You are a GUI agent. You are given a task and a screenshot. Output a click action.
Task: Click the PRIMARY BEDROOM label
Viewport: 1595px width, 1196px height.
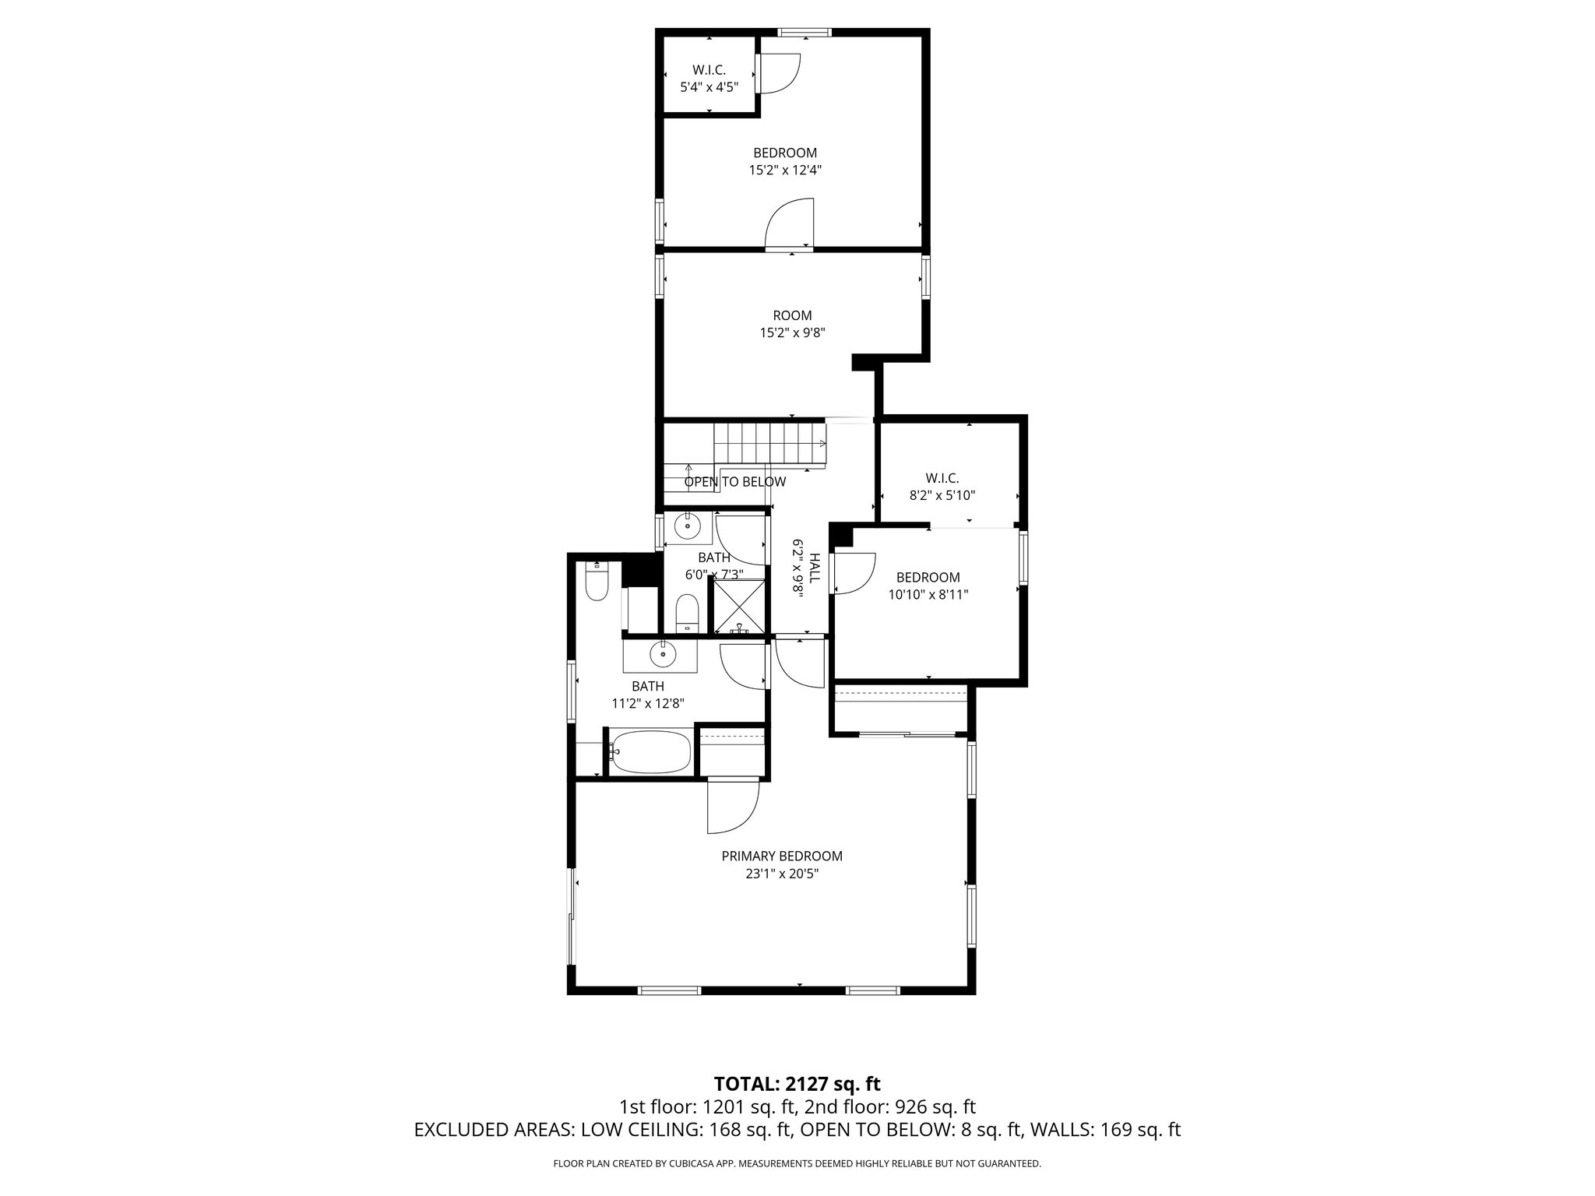[781, 856]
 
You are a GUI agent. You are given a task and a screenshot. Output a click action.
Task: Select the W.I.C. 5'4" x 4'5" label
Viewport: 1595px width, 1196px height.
[709, 79]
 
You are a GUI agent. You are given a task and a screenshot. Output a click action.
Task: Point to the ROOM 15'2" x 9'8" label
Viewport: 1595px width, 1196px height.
[792, 324]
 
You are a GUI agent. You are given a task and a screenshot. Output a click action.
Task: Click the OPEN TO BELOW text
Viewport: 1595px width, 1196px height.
[734, 482]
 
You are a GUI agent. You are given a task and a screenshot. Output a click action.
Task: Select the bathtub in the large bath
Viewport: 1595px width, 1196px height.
[650, 752]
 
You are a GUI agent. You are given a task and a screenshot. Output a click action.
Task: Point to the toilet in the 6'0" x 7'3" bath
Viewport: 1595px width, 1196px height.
[686, 612]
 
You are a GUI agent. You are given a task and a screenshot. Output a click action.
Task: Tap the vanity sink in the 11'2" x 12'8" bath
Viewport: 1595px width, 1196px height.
[663, 655]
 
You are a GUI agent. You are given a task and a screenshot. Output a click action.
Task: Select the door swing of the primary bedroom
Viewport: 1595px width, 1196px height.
[732, 807]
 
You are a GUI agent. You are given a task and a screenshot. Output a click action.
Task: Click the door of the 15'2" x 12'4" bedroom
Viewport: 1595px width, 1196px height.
[789, 224]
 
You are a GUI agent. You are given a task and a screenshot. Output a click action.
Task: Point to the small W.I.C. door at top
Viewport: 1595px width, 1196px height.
[779, 74]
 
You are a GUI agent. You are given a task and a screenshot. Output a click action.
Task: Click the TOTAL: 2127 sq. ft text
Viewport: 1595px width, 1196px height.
[797, 1083]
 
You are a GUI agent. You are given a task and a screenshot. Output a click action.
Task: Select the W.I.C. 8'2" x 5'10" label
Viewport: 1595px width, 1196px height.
[942, 486]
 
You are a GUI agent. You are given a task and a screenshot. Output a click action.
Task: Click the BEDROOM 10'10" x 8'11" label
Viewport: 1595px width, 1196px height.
[928, 586]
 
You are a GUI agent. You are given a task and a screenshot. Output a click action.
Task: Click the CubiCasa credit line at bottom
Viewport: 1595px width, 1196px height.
[797, 1163]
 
